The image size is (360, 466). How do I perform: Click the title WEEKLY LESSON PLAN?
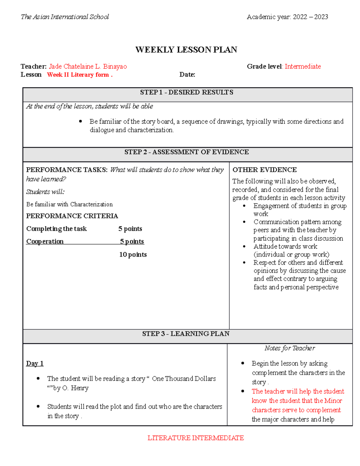click(x=186, y=50)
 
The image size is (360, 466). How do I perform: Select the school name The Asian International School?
click(x=65, y=17)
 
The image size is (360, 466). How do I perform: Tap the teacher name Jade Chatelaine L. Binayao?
click(x=88, y=66)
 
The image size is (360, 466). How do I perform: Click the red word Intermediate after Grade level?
click(x=303, y=66)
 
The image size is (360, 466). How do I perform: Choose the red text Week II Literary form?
click(x=79, y=75)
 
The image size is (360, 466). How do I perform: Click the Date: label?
click(x=187, y=75)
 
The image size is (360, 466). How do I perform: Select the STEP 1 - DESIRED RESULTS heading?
click(x=187, y=92)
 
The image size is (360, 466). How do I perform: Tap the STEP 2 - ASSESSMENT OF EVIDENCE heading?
click(x=187, y=152)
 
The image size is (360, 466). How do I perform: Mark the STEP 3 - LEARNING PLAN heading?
click(x=186, y=334)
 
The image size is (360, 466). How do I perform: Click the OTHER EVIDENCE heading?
click(x=265, y=170)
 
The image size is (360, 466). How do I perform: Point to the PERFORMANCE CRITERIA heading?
click(x=72, y=216)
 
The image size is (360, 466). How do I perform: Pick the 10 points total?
click(x=133, y=254)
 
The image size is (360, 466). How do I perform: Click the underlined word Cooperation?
click(x=45, y=242)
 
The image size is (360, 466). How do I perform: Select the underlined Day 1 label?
click(x=35, y=363)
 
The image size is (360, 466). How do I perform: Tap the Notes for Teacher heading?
click(x=289, y=348)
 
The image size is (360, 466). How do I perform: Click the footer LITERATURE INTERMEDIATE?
click(x=196, y=438)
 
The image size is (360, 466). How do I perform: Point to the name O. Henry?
click(x=75, y=388)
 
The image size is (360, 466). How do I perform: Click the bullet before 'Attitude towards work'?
click(x=244, y=246)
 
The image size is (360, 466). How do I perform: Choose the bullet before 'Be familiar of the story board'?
click(x=80, y=122)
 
